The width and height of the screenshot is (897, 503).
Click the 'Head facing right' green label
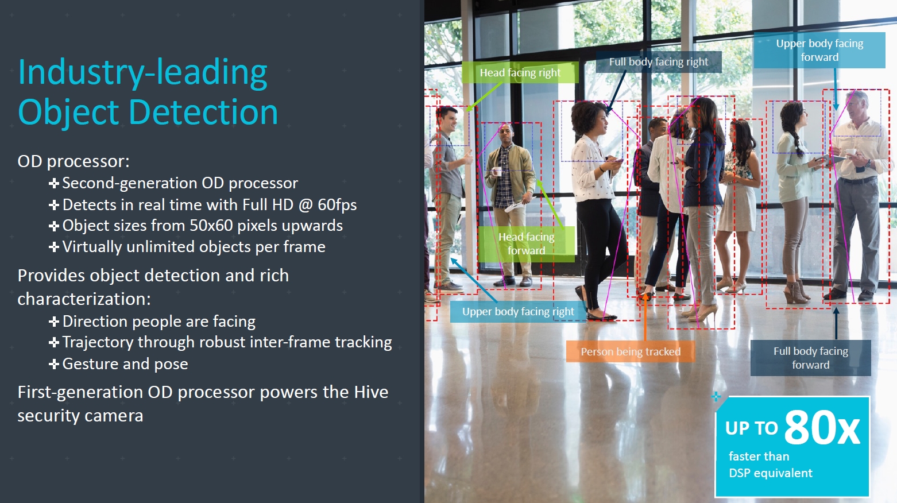(520, 72)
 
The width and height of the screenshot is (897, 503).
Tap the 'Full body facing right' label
(659, 61)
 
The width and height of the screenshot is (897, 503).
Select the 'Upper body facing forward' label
(819, 50)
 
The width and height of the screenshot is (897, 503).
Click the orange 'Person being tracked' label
(631, 351)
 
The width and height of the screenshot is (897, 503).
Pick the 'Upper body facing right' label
(518, 312)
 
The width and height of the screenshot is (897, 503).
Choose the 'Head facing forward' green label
(526, 244)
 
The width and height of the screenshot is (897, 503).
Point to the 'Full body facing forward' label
(810, 358)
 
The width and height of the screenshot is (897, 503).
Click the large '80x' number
(822, 427)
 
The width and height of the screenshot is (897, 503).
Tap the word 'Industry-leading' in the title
(143, 73)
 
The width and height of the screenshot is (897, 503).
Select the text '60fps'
(337, 204)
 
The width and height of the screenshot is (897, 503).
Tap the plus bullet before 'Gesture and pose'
(53, 364)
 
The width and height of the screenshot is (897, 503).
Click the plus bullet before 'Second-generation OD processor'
(53, 183)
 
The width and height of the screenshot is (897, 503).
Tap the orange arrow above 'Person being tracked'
(645, 316)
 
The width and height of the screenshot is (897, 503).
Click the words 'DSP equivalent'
(771, 473)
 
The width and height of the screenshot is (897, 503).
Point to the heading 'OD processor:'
(74, 161)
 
